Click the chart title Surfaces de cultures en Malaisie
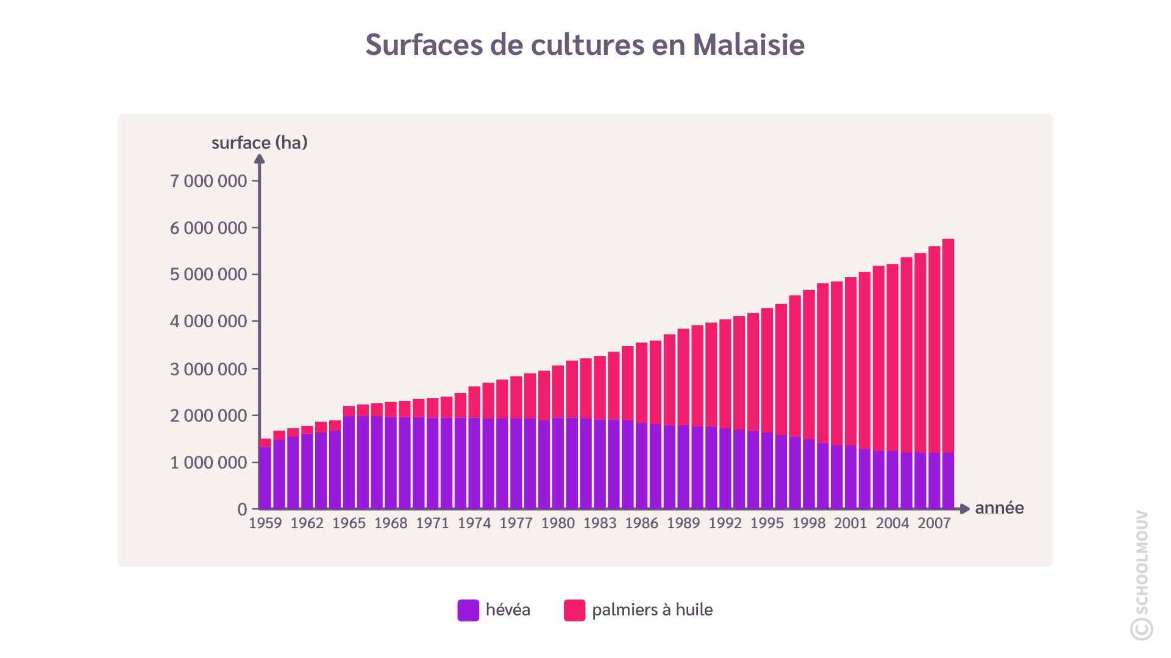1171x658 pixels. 585,45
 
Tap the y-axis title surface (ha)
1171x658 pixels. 259,143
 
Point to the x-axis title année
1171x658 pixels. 999,508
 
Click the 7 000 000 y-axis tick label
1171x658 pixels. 208,181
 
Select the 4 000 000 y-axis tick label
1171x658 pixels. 208,321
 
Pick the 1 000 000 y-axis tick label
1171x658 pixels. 208,463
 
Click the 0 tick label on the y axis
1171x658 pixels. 242,509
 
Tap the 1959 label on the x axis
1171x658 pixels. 265,523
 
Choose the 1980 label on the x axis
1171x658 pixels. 558,523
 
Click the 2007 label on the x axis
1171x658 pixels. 934,523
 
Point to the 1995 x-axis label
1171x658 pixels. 767,523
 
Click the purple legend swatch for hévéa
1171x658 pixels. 468,610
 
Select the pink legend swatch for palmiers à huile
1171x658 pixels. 574,610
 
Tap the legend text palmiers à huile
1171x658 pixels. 652,610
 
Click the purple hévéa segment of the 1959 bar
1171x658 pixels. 265,478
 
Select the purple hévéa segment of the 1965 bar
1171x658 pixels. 349,463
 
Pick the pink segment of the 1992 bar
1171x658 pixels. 725,374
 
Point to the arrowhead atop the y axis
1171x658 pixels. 259,159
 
